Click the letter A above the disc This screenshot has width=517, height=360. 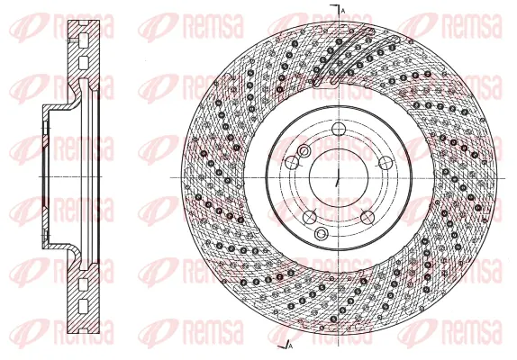point(343,9)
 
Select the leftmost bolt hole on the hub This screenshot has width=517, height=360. point(292,163)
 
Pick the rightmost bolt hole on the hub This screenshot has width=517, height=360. point(385,162)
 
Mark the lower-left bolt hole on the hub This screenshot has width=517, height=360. point(308,216)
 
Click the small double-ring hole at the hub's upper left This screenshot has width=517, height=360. point(304,151)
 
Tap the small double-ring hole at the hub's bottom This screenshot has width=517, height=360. point(322,234)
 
